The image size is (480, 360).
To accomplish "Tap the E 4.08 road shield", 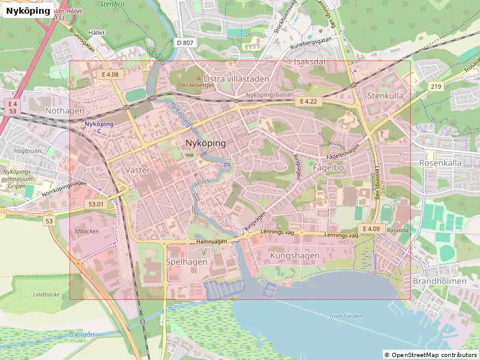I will pos(110,74).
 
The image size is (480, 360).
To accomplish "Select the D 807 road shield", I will pos(185,43).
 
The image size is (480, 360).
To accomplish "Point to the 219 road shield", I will pos(436,87).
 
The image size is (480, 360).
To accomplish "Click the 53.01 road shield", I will pos(96,204).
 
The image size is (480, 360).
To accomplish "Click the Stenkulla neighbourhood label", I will pos(385,95).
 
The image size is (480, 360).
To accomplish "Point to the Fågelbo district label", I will pos(329,168).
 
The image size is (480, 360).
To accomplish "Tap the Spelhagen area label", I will pos(187,262).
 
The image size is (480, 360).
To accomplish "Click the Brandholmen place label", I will pos(439,281).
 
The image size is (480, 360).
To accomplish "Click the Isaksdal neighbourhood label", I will pos(309,62).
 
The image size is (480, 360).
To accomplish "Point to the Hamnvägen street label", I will pos(212,241).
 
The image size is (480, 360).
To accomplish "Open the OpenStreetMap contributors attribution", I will pos(431,355).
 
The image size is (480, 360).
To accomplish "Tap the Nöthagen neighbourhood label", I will pos(65,111).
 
